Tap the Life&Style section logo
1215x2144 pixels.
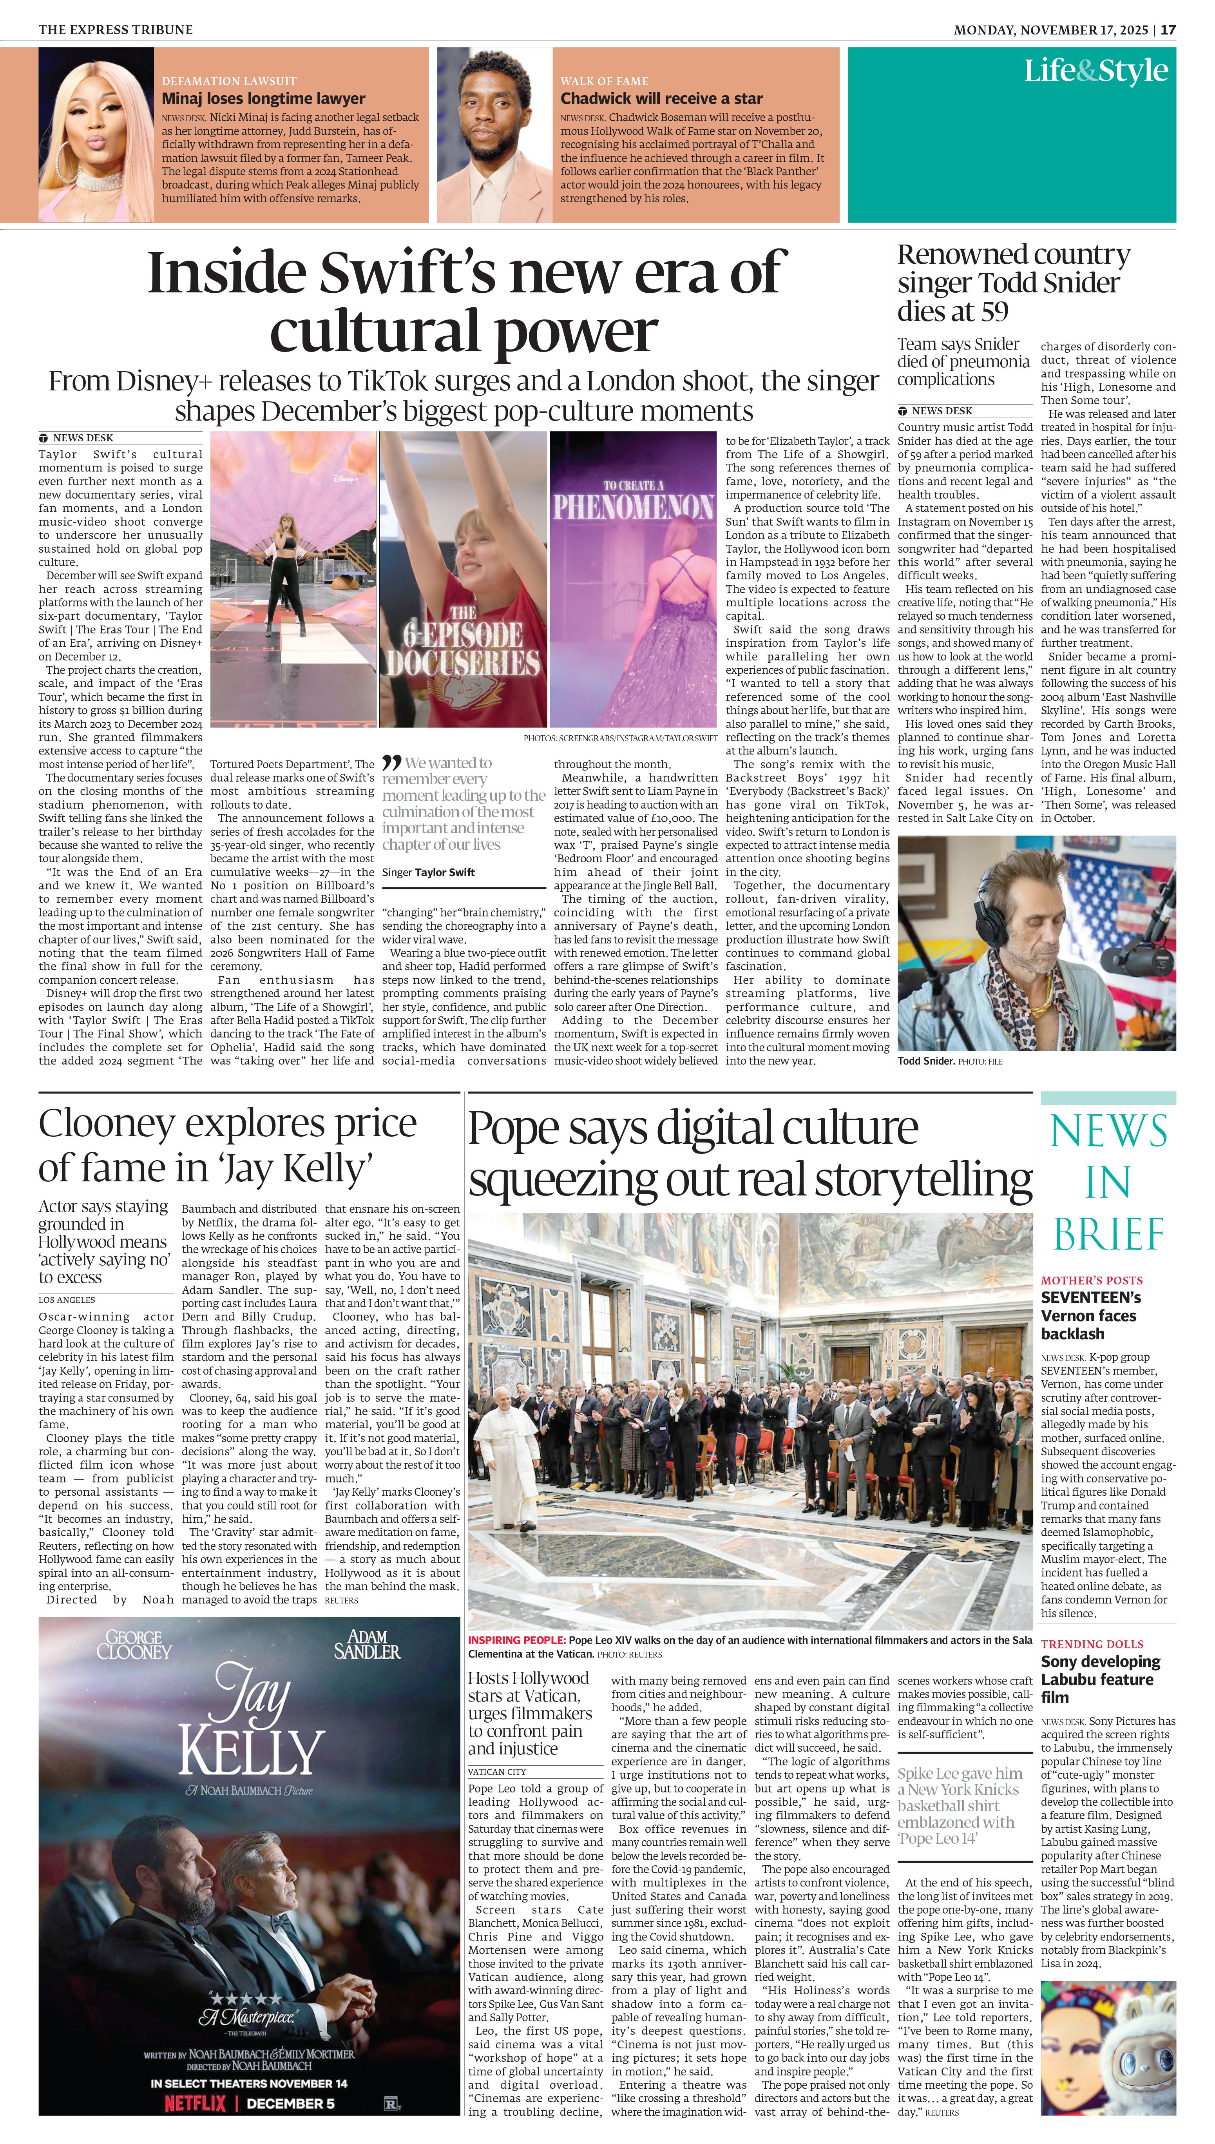tap(1095, 71)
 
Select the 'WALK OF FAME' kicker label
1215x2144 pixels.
tap(604, 81)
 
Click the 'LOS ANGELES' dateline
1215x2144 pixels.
tap(67, 1299)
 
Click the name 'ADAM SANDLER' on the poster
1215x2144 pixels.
tap(367, 1644)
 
